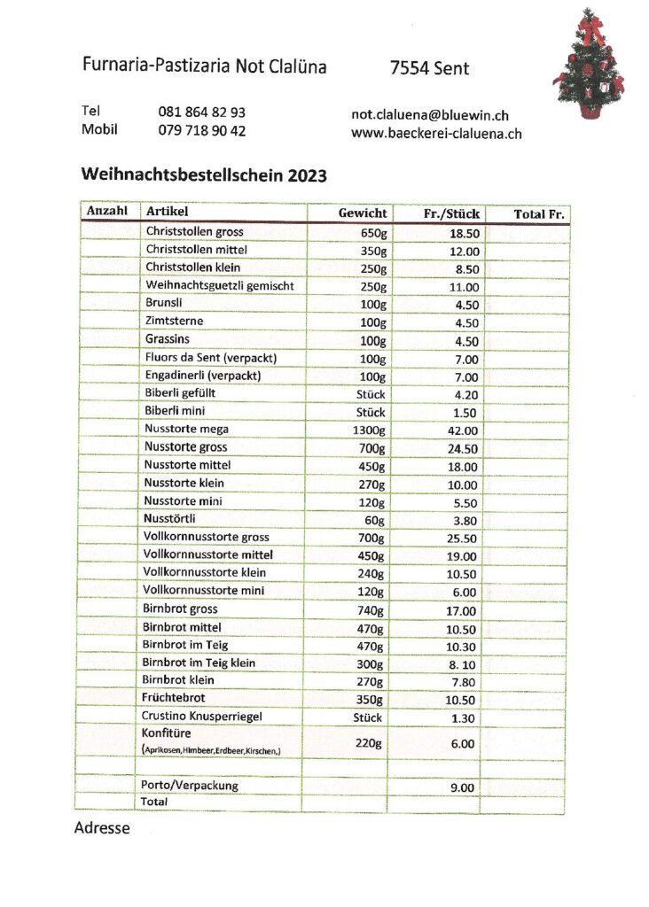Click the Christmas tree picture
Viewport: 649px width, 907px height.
click(x=589, y=65)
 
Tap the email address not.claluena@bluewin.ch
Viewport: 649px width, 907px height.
click(x=430, y=115)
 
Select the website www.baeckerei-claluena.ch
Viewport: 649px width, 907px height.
click(x=436, y=134)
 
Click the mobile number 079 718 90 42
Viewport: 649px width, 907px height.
click(x=202, y=130)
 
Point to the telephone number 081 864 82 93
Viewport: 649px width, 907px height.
click(x=202, y=112)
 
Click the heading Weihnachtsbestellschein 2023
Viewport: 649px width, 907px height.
click(x=204, y=175)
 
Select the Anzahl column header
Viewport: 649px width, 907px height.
click(x=107, y=212)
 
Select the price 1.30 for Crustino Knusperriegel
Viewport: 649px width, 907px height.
click(x=464, y=718)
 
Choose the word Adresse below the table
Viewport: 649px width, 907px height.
click(x=101, y=829)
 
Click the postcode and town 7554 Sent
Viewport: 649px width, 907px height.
click(x=429, y=68)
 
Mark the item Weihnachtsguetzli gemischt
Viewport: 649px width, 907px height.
click(x=220, y=285)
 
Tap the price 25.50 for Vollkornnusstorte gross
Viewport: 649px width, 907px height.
click(x=462, y=539)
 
